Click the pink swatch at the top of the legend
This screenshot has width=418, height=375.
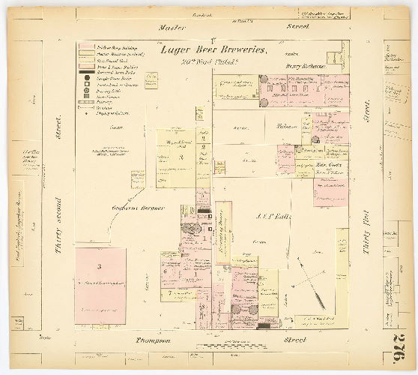[x=85, y=46]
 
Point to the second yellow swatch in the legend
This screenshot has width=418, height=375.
[x=85, y=58]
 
